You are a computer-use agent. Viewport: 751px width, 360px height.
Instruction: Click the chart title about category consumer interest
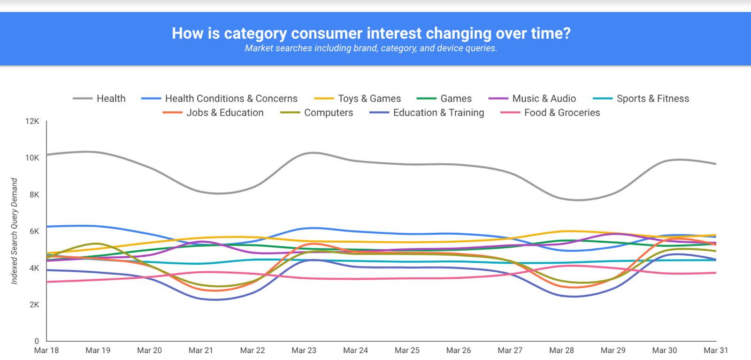(371, 33)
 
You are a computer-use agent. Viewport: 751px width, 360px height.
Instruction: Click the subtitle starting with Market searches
(371, 48)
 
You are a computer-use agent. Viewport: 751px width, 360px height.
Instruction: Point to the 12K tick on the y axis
(32, 121)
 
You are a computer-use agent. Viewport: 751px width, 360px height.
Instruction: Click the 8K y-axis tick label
(34, 195)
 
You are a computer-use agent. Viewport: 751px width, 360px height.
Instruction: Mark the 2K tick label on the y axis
(34, 305)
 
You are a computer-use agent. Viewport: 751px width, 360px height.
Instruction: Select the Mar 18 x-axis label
(46, 350)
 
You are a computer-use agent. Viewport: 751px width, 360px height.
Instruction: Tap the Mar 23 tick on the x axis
(304, 350)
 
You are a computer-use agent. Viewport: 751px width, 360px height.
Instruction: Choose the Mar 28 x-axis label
(561, 350)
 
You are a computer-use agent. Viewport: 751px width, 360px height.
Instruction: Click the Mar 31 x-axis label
(715, 350)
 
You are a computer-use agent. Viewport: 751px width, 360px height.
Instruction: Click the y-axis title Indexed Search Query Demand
(15, 231)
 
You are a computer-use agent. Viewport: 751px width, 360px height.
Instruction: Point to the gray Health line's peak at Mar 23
(312, 153)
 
